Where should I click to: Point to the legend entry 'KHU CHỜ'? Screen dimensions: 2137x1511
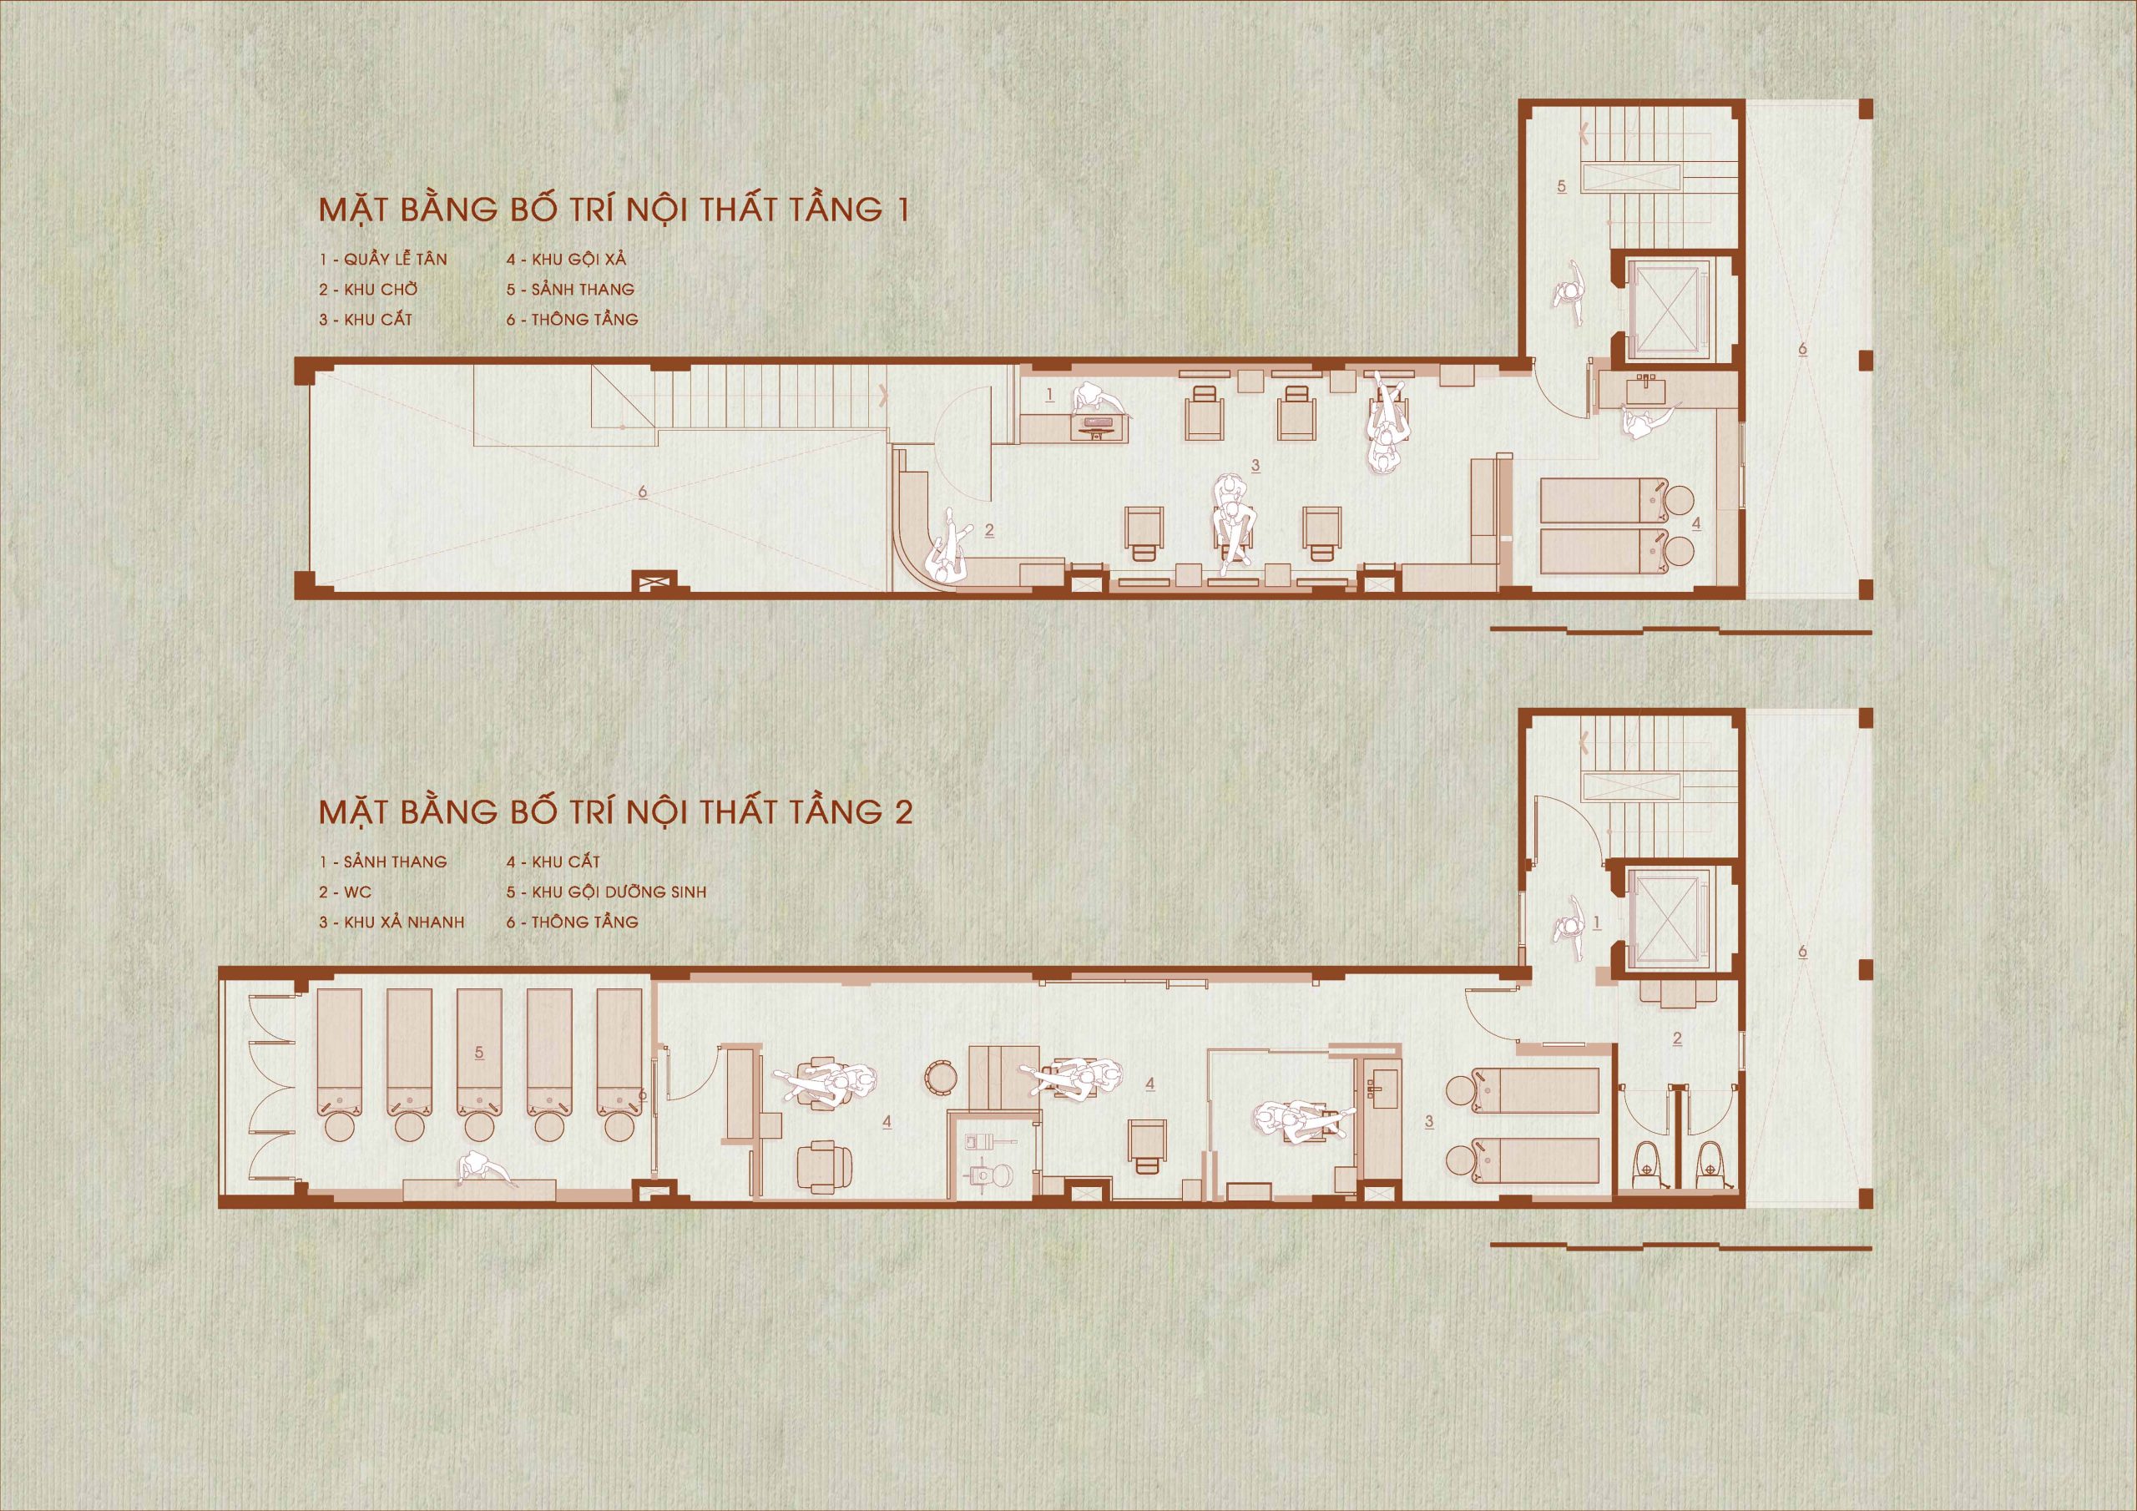click(381, 290)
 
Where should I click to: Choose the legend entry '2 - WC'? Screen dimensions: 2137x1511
click(346, 892)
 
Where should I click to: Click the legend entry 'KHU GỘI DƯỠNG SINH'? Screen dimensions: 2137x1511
click(619, 892)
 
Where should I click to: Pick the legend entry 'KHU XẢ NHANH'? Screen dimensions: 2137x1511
click(405, 922)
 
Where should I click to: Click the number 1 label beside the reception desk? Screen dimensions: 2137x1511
click(1050, 395)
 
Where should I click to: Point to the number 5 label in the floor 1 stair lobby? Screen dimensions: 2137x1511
click(1561, 186)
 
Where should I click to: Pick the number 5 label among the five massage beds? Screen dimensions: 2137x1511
click(478, 1052)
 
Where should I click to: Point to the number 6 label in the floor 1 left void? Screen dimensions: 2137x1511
click(642, 491)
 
